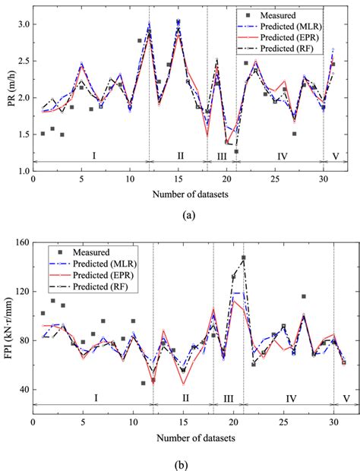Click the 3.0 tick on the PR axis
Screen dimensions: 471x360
(22, 24)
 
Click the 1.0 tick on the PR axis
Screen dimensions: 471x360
(22, 172)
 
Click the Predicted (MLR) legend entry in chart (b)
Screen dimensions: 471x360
(99, 263)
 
